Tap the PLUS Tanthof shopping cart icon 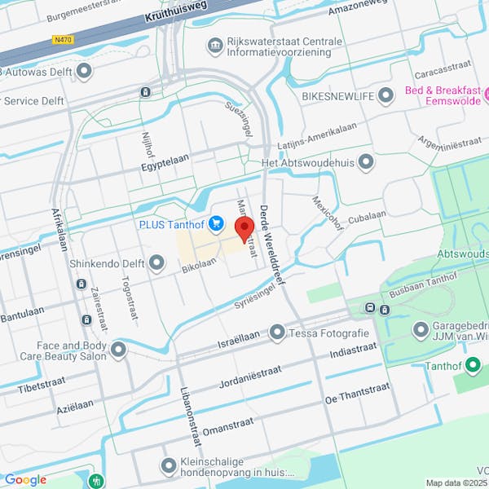point(216,222)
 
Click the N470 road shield point(61,38)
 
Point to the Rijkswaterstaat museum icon point(216,45)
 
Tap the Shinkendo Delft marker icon point(156,262)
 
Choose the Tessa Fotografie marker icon point(277,333)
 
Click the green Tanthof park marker point(472,365)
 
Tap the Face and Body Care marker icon point(119,350)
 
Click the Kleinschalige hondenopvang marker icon point(169,466)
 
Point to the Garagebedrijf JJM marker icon point(421,330)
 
